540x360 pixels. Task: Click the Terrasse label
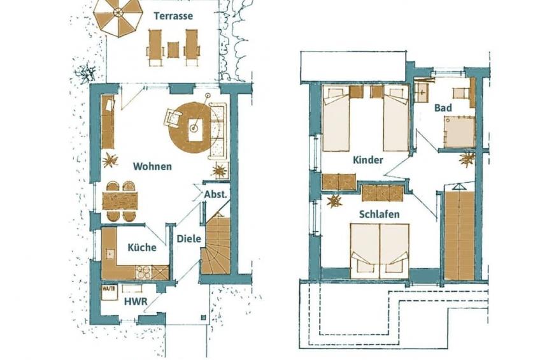pos(173,16)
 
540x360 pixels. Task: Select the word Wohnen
pos(152,166)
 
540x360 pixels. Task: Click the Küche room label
pos(142,247)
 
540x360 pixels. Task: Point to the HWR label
pos(136,301)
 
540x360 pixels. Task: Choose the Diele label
pos(188,238)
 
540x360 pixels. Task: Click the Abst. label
pos(216,194)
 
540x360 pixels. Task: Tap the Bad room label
pos(443,108)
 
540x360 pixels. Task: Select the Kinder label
pos(368,160)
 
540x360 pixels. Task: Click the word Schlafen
pos(379,214)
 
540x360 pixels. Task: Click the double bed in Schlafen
pos(380,251)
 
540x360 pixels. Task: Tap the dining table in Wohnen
pos(120,201)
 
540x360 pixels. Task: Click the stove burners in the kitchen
pos(143,272)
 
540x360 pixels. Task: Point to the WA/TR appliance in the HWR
pos(105,289)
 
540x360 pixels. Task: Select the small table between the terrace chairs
pos(173,50)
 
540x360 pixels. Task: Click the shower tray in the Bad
pos(459,131)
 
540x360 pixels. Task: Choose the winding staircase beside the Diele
pos(215,245)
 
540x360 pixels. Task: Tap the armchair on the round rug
pos(173,117)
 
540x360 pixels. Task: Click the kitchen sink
pos(110,253)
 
